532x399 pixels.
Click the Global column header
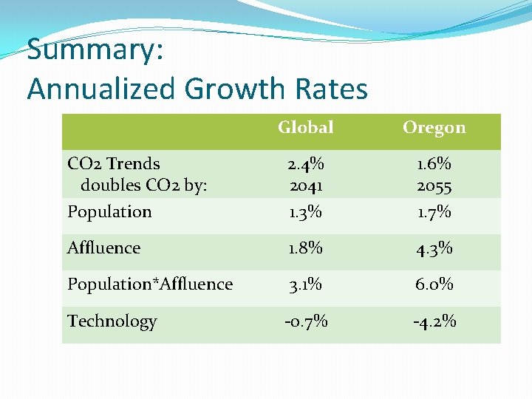[305, 128]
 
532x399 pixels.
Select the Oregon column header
[434, 128]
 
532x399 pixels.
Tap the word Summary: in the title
[95, 50]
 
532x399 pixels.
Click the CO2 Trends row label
[114, 163]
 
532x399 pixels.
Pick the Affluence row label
[103, 248]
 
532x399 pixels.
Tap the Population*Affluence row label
[150, 284]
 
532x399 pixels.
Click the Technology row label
[112, 321]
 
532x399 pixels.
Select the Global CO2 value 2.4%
[305, 163]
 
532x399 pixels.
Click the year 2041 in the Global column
[305, 185]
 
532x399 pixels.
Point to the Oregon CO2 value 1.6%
[434, 163]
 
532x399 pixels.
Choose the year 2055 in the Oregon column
[434, 185]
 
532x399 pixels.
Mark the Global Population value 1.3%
[305, 212]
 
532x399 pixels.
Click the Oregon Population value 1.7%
[434, 212]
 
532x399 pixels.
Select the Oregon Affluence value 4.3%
[434, 248]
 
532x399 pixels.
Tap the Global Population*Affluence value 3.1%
[305, 284]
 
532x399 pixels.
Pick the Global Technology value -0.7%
[305, 321]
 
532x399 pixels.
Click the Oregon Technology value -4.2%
[434, 321]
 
